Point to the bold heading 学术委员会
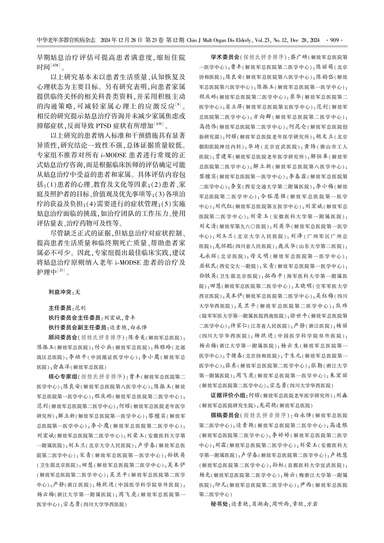225,57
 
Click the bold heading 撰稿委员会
225,415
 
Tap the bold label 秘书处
220,504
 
